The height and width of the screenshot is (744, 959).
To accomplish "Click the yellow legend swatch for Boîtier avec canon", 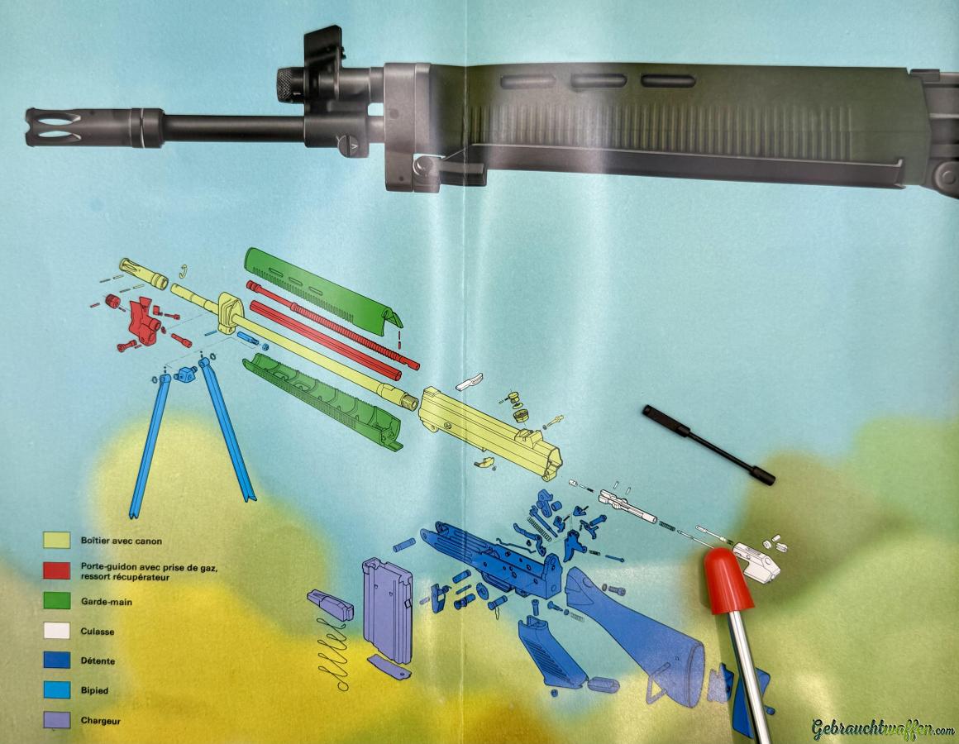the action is click(x=56, y=541).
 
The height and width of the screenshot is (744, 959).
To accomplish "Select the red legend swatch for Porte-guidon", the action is click(x=56, y=570).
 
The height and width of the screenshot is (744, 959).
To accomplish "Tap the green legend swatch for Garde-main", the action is click(x=56, y=601).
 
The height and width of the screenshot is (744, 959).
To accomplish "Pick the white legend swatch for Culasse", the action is click(x=56, y=630).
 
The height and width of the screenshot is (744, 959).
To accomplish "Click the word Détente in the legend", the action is click(x=98, y=661).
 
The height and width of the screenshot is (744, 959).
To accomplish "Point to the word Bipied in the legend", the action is click(x=94, y=690).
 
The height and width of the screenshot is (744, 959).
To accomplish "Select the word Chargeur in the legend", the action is click(x=100, y=721).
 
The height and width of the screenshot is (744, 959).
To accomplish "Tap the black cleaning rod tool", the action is click(x=709, y=445).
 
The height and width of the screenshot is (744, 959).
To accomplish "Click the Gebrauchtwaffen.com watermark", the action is click(x=883, y=729).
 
